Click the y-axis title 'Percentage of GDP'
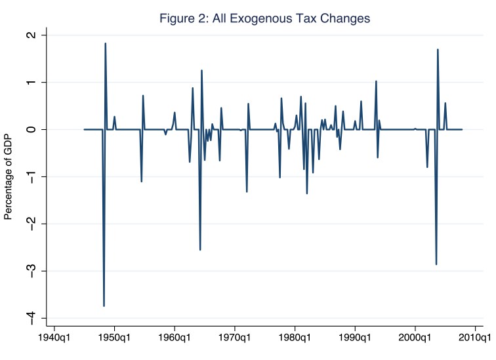coord(9,176)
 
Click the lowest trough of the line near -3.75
coord(104,306)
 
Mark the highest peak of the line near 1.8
coord(105,44)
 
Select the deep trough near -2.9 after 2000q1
coord(436,264)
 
